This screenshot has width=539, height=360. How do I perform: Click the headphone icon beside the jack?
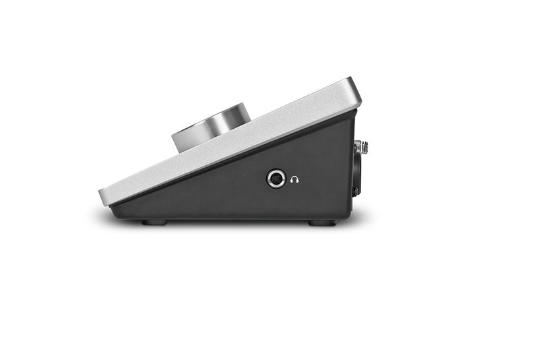294,180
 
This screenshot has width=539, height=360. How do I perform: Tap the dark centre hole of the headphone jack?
276,179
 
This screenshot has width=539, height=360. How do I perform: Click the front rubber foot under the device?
154,222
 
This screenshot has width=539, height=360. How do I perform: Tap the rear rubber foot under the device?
322,223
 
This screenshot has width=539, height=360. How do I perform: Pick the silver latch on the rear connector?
360,145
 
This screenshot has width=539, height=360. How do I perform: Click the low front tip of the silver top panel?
102,196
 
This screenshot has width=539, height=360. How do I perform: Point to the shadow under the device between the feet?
236,224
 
